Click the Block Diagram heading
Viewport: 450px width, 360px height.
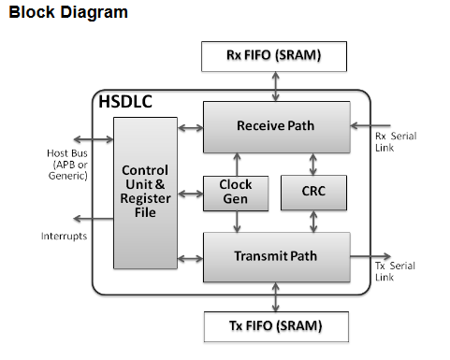pos(67,14)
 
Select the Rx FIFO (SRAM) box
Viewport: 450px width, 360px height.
pos(273,55)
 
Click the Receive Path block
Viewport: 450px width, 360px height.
pos(276,126)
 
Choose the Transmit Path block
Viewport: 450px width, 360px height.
pos(276,255)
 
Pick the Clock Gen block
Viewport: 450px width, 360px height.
pos(236,192)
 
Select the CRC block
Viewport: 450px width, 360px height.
pos(314,192)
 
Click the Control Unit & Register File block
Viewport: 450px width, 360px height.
pos(145,192)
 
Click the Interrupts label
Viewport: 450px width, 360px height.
pos(64,236)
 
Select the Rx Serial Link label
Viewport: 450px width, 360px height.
pos(395,142)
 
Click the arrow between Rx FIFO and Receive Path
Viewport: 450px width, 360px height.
pos(274,87)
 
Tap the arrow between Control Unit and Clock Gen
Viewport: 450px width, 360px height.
pos(190,194)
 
